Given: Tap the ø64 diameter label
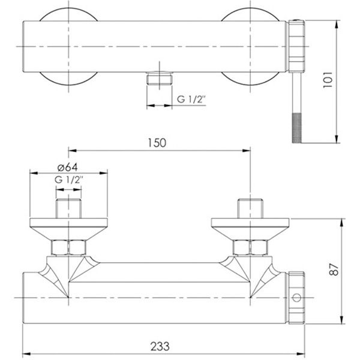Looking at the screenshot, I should [67, 167].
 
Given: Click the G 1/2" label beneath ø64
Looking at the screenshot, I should [68, 179].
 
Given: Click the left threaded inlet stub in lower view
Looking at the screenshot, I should [70, 208].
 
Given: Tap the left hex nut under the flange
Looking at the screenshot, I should [70, 247].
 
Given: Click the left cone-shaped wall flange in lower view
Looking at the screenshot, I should [70, 227].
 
